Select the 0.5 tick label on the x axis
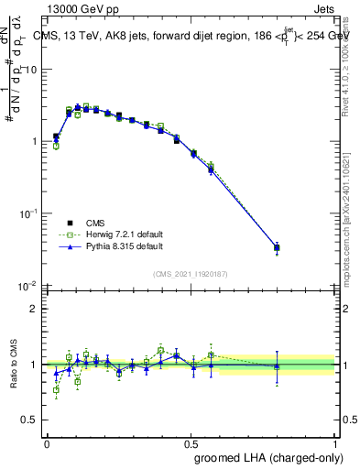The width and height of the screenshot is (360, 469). pos(191,442)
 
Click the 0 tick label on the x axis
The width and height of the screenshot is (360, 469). pos(47,442)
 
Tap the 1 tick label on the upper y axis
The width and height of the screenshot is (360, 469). pos(34,142)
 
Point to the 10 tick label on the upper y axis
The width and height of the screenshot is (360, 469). pos(30,71)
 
